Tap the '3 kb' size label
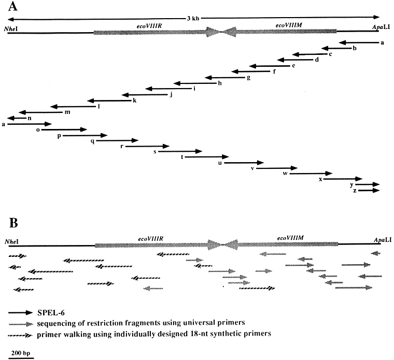pyautogui.click(x=192, y=19)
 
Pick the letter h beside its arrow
pyautogui.click(x=220, y=83)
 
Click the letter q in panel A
pyautogui.click(x=92, y=141)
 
